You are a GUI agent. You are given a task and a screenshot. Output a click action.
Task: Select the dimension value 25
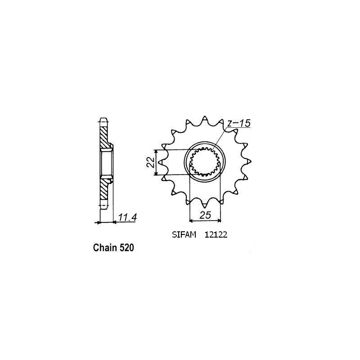coord(205,215)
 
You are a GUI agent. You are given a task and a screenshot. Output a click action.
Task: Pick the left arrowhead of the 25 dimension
coord(191,220)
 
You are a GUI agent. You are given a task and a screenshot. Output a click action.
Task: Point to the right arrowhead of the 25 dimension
coord(220,220)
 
